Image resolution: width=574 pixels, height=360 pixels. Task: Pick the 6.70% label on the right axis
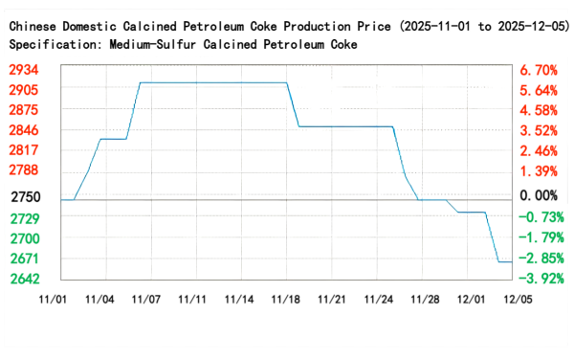539,70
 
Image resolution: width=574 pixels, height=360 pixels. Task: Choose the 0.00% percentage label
539,196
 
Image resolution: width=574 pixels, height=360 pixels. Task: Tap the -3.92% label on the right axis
539,279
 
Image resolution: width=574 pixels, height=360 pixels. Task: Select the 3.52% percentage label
539,130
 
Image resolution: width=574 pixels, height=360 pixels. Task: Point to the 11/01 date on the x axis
53,300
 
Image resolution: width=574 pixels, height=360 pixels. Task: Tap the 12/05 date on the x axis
518,300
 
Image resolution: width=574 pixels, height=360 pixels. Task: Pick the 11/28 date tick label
425,300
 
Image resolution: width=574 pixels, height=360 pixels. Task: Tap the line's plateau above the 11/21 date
332,126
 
